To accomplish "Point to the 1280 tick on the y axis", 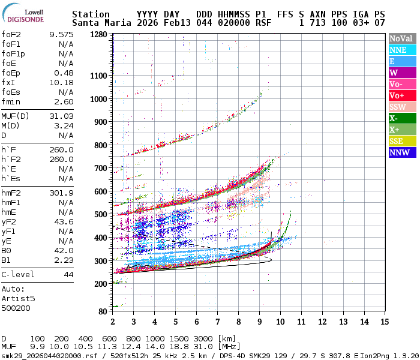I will coord(99,35).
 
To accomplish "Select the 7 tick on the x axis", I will coord(217,322).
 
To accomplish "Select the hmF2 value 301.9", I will coord(61,193).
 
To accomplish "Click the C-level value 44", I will coord(68,274).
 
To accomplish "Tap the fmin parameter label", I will coord(12,101).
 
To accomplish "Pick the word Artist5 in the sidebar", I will coord(18,298).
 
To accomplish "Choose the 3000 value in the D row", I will coord(203,339).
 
